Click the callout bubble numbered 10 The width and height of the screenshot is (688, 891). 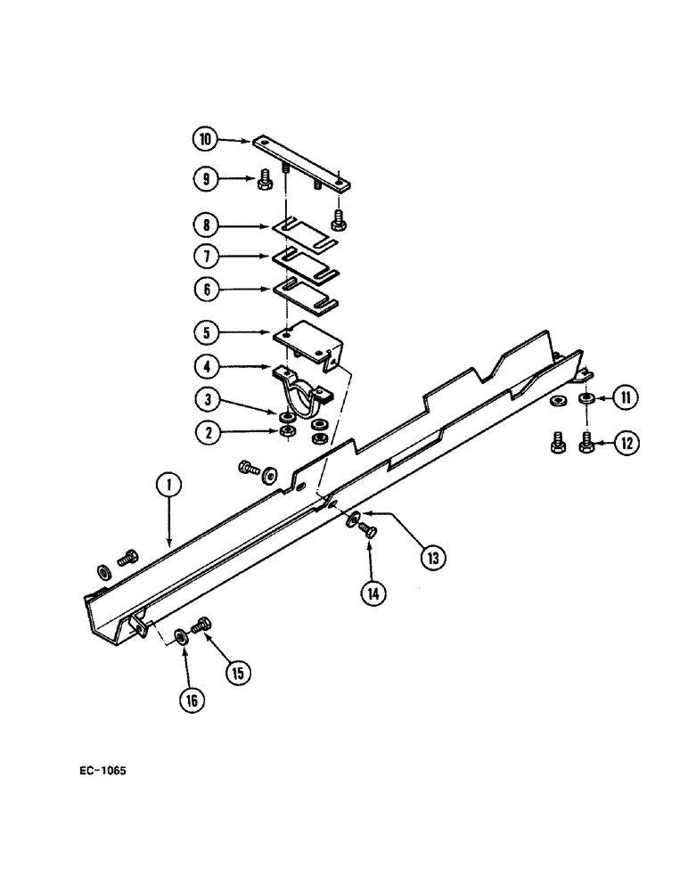tap(205, 140)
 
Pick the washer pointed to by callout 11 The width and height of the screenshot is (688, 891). tap(586, 397)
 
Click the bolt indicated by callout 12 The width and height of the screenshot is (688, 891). tap(587, 442)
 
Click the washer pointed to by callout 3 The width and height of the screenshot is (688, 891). tap(287, 416)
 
